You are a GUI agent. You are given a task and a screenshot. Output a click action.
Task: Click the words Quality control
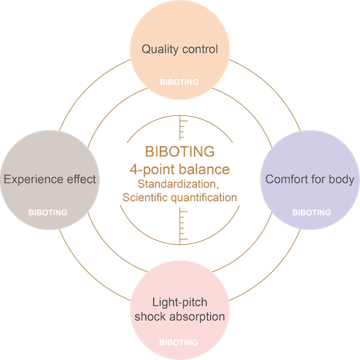[180, 49]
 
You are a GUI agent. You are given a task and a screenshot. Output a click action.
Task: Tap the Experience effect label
[50, 179]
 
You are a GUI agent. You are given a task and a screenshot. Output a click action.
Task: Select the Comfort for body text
[310, 179]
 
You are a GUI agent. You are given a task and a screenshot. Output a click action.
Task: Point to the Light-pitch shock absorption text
[180, 310]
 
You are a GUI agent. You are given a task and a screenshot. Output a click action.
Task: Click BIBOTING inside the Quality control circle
[179, 82]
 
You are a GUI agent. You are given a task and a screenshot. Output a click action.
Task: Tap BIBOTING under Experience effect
[48, 213]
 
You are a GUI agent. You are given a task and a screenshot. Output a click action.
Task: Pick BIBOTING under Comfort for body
[311, 213]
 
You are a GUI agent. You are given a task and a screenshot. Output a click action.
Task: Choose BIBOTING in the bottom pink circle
[179, 343]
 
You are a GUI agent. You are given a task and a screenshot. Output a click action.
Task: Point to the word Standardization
[180, 182]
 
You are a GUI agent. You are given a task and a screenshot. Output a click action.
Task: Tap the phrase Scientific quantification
[180, 196]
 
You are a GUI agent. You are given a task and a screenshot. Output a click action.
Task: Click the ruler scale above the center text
[183, 128]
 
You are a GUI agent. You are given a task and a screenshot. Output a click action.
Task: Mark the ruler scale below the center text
[183, 226]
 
